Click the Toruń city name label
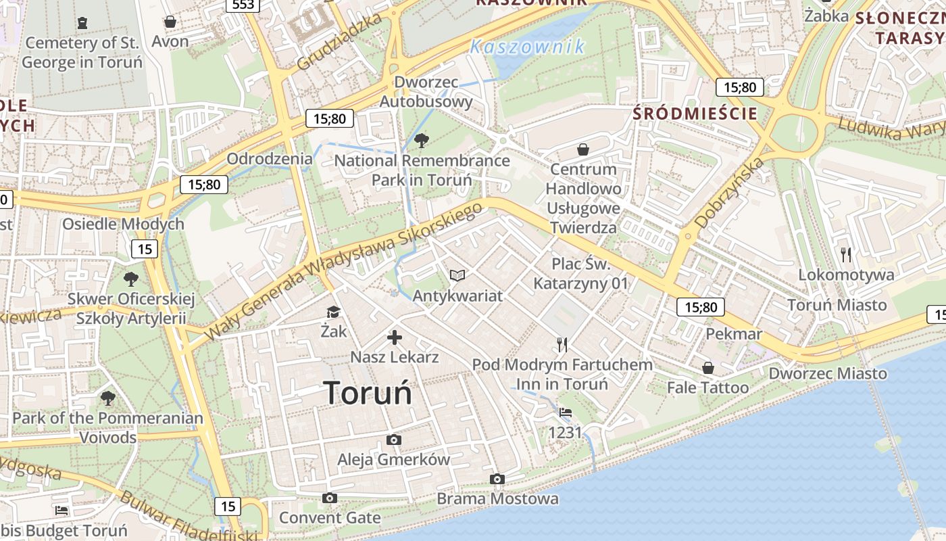(x=368, y=393)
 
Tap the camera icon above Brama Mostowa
(x=497, y=479)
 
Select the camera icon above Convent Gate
(x=329, y=498)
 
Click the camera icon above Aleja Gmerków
(x=394, y=440)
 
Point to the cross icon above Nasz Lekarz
(x=395, y=337)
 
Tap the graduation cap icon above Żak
(x=333, y=312)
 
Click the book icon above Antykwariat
(x=457, y=276)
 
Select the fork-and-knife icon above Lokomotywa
(x=846, y=255)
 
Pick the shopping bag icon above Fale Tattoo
(x=707, y=368)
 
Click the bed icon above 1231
(x=565, y=413)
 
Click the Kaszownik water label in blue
(x=527, y=47)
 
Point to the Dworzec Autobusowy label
(x=426, y=92)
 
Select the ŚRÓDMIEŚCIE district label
(x=695, y=114)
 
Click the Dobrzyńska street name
(x=729, y=192)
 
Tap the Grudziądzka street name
(x=339, y=42)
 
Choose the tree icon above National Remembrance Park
(x=422, y=141)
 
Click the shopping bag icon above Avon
(x=170, y=22)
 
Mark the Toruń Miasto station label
(x=837, y=305)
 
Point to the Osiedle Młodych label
(x=123, y=224)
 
